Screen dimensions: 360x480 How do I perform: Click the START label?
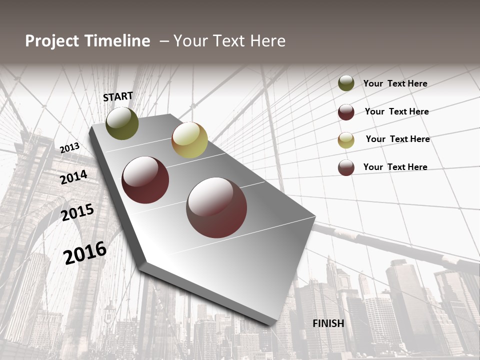point(118,96)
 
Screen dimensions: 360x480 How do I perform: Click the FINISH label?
point(328,323)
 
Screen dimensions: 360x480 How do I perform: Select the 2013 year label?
point(70,148)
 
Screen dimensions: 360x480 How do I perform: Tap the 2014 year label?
point(74,177)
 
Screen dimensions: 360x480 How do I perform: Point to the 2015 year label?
point(77,212)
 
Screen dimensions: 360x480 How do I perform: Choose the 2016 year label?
point(85,252)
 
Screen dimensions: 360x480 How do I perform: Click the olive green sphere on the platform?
point(122,123)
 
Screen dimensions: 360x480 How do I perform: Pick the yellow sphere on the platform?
point(189,140)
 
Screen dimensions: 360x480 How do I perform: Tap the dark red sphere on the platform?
point(145,180)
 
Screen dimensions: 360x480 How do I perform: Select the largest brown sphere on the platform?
point(216,207)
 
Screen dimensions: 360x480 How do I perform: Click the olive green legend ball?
point(346,83)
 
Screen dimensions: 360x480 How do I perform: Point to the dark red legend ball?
point(346,112)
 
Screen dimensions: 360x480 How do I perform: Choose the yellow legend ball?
point(346,140)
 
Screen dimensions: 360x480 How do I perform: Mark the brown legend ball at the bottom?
point(346,167)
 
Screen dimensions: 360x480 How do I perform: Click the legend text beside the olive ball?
point(395,83)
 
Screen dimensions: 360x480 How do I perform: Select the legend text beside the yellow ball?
point(397,139)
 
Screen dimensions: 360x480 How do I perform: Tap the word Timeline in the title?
point(118,41)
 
